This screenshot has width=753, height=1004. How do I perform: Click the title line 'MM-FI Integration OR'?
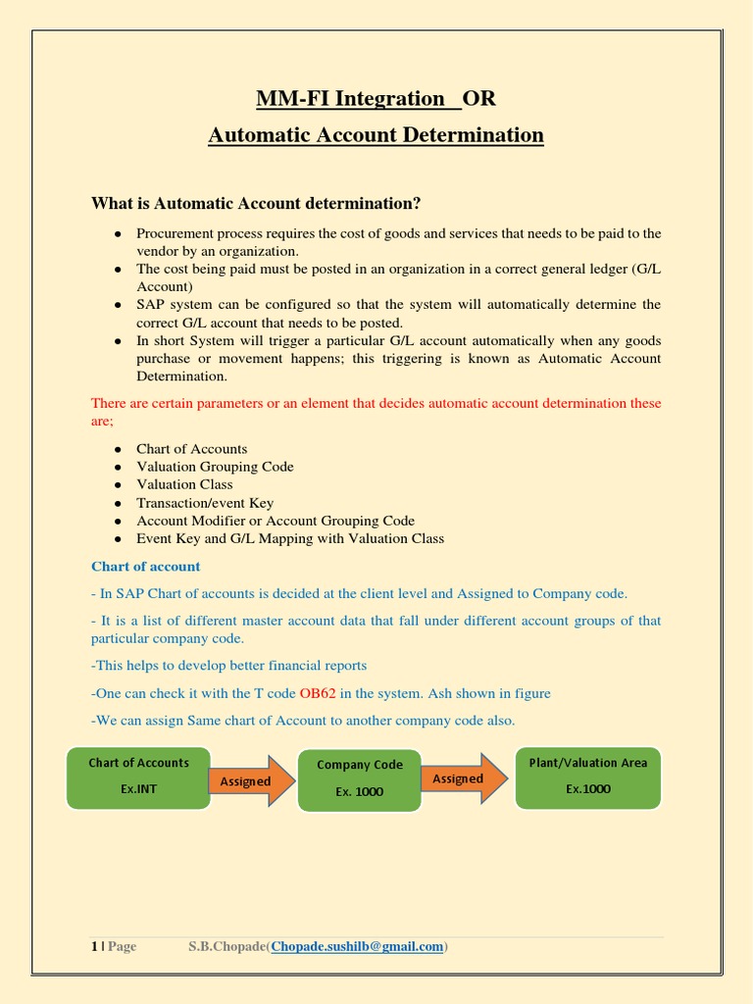coord(376,98)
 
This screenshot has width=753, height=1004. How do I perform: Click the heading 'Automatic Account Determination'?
coord(376,134)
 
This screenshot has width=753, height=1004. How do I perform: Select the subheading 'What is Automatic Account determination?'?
coord(256,203)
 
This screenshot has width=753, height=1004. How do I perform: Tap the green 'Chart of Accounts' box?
coord(138,777)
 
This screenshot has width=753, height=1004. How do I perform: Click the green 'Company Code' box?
coord(359,779)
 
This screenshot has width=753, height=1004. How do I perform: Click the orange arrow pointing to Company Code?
coord(250,780)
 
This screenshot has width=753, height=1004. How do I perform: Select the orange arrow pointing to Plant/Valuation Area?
coord(463,778)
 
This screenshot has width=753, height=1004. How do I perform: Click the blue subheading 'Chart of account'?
coord(145,567)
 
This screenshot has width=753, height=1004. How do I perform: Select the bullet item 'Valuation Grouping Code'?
coord(215,467)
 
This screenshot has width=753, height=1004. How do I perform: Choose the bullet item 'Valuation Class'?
coord(184,484)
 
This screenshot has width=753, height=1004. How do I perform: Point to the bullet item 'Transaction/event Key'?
coord(205,503)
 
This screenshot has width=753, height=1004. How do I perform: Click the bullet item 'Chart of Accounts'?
coord(191,449)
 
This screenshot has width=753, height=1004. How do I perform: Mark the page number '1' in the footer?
coord(94,946)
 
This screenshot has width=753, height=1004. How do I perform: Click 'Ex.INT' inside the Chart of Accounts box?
coord(138,788)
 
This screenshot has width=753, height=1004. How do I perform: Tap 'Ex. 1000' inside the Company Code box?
coord(359,792)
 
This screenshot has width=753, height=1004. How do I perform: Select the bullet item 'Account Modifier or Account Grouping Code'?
coord(275,521)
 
